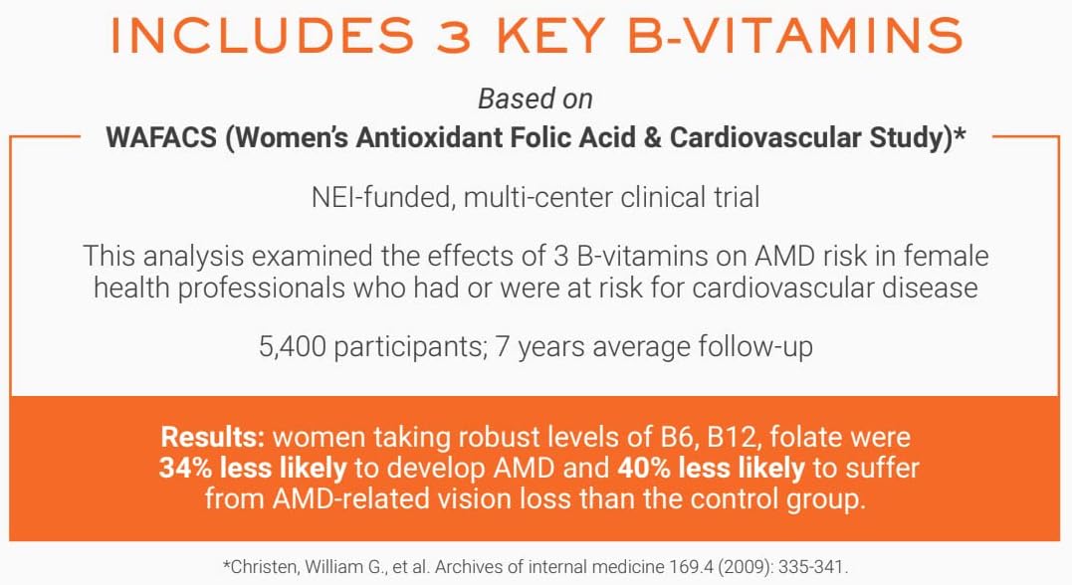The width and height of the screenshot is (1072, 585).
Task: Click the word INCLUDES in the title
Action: point(263,36)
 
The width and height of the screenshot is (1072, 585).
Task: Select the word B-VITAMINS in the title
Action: point(795,36)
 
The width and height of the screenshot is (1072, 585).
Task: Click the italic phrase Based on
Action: point(536,99)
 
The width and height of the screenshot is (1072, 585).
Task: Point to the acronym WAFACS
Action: point(161,138)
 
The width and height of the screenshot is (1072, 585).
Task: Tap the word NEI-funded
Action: point(382,198)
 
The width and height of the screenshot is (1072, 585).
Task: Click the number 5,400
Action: point(292,347)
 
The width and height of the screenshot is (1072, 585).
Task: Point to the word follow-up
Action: point(756,347)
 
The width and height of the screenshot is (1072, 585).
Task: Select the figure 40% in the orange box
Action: point(644,469)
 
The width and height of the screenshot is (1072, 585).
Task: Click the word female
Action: point(947,257)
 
